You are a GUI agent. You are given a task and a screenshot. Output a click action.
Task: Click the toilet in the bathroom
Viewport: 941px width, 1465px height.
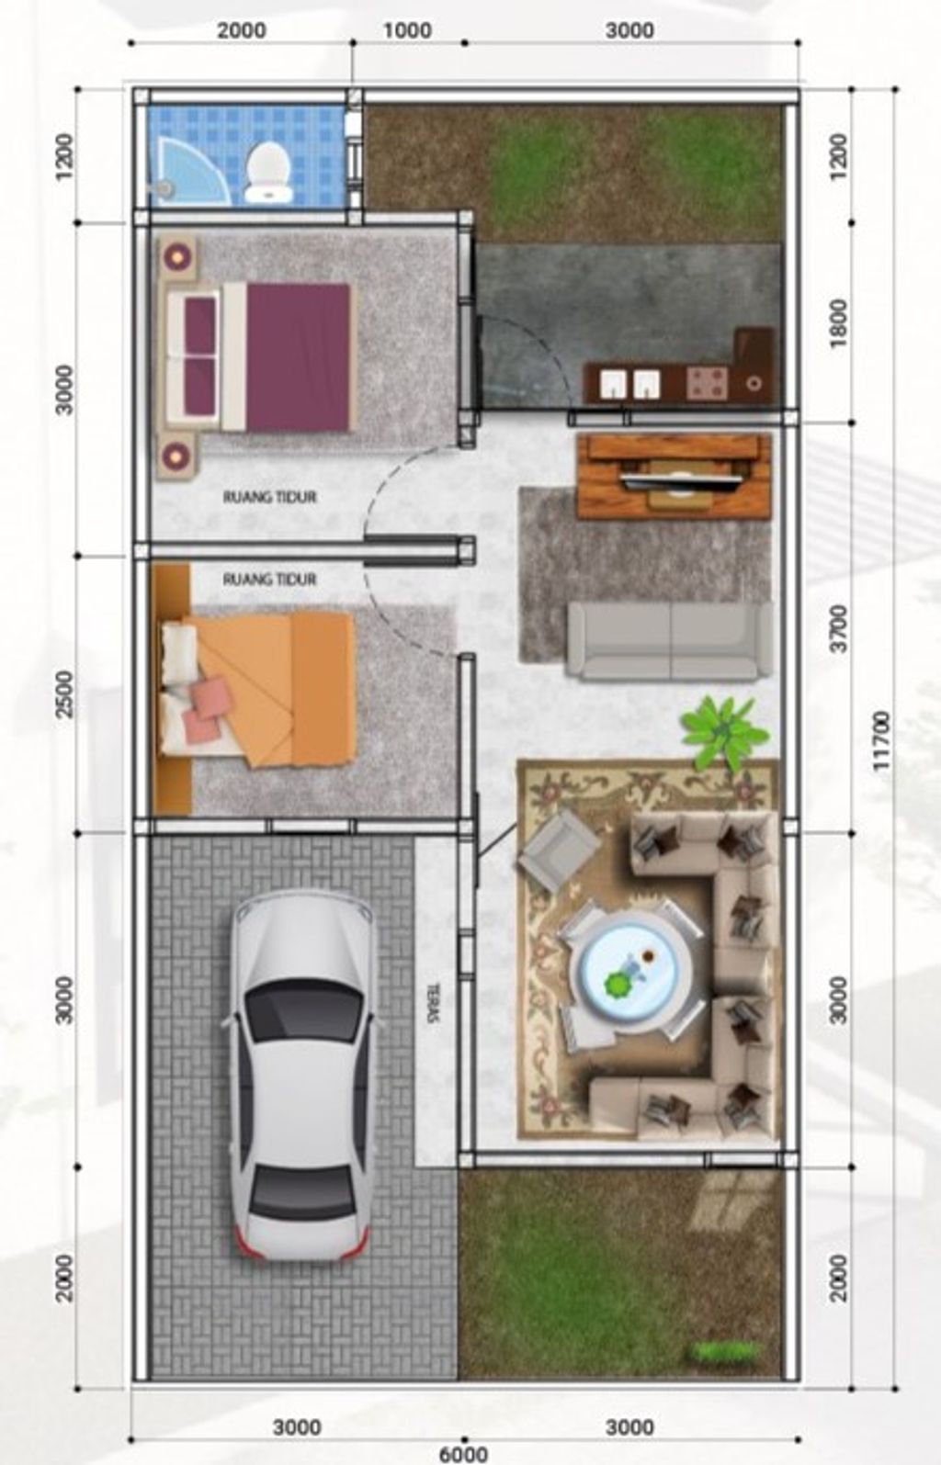tap(267, 172)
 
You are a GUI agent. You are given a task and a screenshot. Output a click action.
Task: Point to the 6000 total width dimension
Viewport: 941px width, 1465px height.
tap(463, 1455)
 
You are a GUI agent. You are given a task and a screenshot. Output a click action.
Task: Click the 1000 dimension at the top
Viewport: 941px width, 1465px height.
tap(407, 30)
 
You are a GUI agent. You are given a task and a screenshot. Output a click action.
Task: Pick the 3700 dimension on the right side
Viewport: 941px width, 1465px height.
tap(838, 628)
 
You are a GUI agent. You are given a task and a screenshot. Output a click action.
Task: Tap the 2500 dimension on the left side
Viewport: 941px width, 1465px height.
tap(64, 694)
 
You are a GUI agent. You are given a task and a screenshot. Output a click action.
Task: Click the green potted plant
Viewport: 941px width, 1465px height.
tap(724, 732)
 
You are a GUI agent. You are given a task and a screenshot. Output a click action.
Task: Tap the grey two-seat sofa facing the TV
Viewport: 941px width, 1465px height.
tap(670, 641)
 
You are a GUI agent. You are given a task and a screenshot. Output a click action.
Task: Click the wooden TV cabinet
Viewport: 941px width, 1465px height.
tap(675, 476)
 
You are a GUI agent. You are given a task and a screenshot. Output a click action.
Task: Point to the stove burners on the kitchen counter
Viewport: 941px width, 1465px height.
tap(707, 383)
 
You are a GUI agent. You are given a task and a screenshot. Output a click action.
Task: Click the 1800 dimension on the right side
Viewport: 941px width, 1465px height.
tap(838, 323)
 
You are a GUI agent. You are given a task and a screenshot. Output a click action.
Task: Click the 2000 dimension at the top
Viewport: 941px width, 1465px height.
tap(241, 30)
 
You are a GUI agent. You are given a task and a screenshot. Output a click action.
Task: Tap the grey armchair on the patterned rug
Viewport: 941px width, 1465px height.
tap(560, 850)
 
